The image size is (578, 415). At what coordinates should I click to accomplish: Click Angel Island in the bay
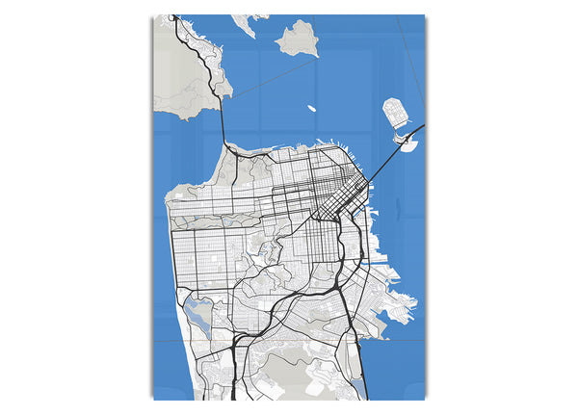[x=299, y=39]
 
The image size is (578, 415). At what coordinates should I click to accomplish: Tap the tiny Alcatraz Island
[x=312, y=109]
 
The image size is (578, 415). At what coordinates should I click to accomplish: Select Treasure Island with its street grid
[x=395, y=114]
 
